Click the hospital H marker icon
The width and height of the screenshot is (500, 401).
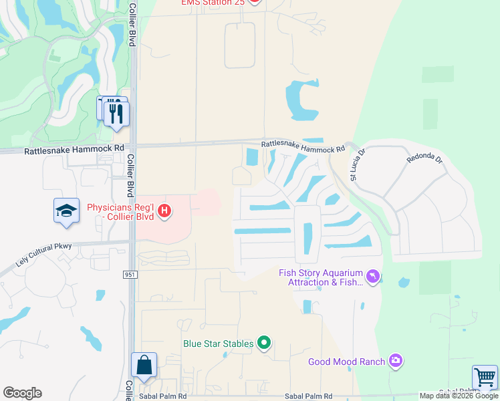(164, 213)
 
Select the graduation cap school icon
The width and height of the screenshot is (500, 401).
(66, 211)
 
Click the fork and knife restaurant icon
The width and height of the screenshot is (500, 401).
(116, 113)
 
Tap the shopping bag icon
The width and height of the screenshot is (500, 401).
(144, 366)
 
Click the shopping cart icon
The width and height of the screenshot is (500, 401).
(485, 377)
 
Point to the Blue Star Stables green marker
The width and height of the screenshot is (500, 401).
(265, 344)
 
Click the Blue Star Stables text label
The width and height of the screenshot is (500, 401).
(219, 344)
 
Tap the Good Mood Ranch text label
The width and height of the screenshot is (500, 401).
(346, 362)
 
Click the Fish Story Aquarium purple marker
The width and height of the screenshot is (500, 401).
(373, 275)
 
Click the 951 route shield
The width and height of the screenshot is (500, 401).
(130, 275)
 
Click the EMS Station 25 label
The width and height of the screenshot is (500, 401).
(213, 3)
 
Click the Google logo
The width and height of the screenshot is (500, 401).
(22, 393)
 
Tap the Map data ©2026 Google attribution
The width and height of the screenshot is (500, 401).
(458, 396)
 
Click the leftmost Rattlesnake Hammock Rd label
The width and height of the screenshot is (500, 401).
(74, 151)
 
